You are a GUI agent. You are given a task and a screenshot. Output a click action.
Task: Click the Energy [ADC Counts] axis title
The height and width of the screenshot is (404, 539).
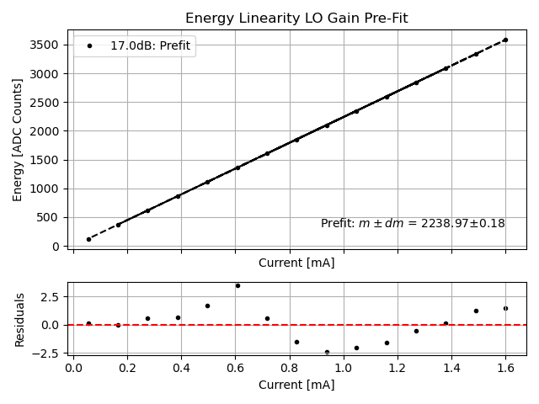coord(18,140)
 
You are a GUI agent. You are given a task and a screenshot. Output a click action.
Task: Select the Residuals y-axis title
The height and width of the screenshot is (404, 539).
coord(19,319)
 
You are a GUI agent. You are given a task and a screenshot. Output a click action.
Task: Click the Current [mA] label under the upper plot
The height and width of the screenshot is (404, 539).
coord(296,263)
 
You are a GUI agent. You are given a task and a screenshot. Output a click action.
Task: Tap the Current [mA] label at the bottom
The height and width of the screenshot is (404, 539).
coord(296,385)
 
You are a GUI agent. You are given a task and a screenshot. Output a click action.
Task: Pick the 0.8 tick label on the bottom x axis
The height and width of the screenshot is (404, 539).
coord(290,368)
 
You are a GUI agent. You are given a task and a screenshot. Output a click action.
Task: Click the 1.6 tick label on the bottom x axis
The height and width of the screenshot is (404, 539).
coord(505,368)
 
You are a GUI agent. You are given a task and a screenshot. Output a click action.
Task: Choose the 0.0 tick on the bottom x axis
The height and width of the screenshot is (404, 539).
coord(74,368)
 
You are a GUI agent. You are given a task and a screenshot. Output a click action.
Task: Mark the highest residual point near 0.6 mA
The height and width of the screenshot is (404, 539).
coord(237,285)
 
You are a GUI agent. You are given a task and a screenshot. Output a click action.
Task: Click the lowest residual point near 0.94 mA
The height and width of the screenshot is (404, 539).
coord(327,352)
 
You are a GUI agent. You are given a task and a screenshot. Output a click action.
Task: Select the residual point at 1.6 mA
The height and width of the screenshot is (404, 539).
coord(505,308)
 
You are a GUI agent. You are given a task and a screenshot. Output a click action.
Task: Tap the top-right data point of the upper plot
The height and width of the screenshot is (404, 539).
coord(505,40)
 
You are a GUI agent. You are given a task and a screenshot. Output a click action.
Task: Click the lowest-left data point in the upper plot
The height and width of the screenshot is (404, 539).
coord(88,239)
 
